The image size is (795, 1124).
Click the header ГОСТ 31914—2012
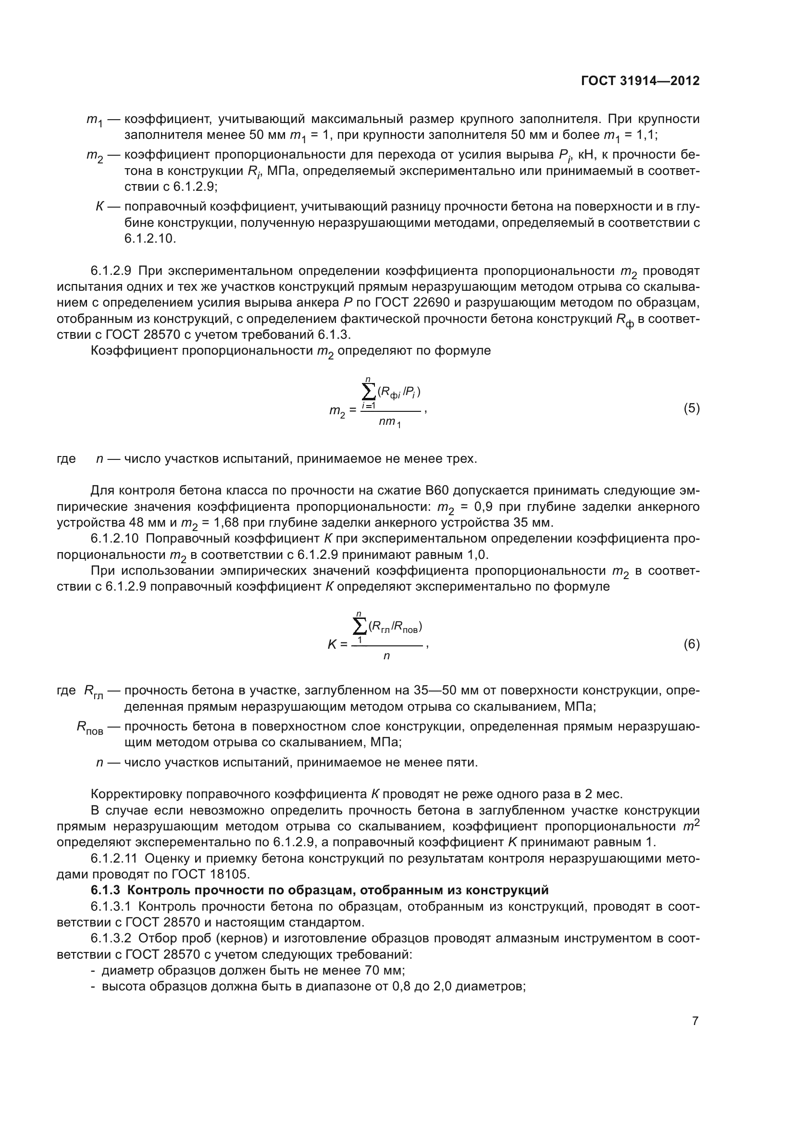tap(640, 81)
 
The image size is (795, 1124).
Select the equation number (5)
tap(692, 408)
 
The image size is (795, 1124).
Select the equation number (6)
tap(692, 644)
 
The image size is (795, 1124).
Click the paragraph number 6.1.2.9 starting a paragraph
tap(111, 271)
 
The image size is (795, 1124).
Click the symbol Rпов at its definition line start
tap(89, 728)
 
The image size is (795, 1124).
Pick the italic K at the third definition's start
tap(99, 207)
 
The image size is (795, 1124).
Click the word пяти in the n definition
tap(463, 762)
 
